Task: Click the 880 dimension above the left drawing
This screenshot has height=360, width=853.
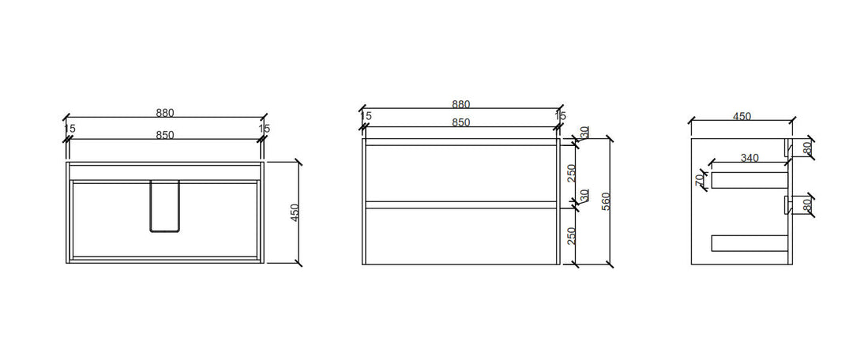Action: tap(164, 112)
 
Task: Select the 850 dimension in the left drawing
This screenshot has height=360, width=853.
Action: tap(164, 135)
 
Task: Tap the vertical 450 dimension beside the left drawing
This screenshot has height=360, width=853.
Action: tap(295, 212)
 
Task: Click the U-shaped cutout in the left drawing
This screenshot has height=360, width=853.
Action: tap(164, 206)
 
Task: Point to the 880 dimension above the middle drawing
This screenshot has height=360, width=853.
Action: tap(460, 104)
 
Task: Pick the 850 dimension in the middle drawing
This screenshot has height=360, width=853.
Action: tap(460, 122)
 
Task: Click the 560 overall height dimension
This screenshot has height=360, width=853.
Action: tap(607, 201)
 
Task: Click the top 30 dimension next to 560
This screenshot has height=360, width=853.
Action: tap(584, 133)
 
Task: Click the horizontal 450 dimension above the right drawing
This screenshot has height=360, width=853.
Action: tap(742, 116)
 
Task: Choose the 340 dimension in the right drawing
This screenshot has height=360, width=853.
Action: tap(750, 158)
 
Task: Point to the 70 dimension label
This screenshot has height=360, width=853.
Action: tap(700, 181)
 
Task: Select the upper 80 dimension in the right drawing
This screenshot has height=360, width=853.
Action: tap(806, 147)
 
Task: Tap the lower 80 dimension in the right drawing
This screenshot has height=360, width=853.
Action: tap(806, 204)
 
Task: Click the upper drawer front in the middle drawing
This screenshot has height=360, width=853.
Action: tap(460, 173)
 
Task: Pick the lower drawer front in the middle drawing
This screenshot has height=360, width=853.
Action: tap(460, 236)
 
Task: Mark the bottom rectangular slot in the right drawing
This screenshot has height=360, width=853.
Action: tap(750, 243)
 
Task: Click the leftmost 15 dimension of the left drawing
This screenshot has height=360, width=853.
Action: tap(70, 128)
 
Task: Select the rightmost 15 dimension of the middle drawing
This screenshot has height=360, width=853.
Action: tap(561, 116)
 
